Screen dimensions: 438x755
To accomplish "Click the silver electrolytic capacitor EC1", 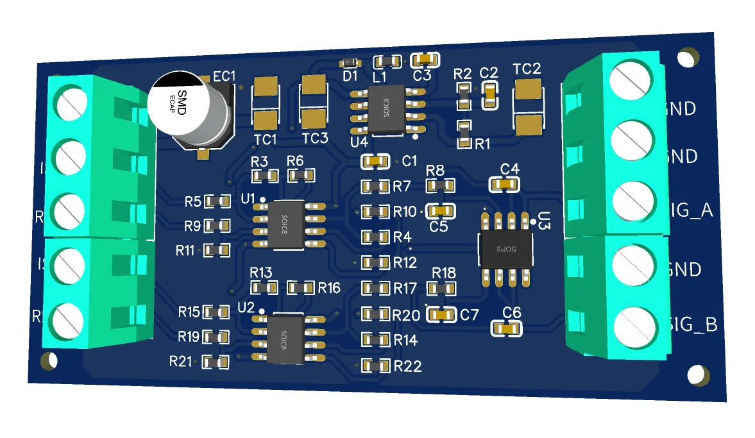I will [191, 109].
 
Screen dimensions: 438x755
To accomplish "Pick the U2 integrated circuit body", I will [286, 338].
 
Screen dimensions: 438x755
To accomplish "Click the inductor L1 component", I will [388, 61].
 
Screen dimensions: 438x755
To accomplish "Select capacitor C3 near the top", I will [426, 60].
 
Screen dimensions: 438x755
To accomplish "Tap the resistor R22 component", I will [376, 366].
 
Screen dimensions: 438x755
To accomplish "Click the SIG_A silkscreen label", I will [690, 210].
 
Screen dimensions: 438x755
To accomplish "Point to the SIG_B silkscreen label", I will [693, 325].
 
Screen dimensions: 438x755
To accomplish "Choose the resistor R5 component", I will [217, 202].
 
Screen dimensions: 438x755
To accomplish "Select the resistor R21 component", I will [215, 363].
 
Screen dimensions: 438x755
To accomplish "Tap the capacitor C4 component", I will [504, 185].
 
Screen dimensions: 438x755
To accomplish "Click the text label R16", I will [329, 288].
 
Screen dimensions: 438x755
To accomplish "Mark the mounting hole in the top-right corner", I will [688, 57].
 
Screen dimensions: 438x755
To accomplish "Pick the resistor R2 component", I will [463, 95].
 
